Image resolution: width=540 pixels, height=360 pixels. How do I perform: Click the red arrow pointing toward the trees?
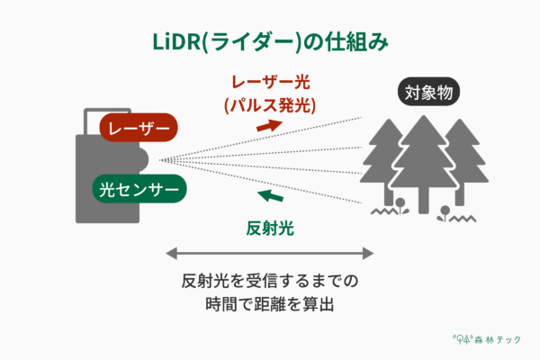click(x=269, y=124)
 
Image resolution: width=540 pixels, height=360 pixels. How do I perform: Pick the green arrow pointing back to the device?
click(x=269, y=196)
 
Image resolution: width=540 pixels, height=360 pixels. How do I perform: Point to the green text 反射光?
click(x=270, y=228)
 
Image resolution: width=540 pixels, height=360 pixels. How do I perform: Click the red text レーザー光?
click(x=269, y=82)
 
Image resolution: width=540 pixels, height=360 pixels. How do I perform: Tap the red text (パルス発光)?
click(x=269, y=104)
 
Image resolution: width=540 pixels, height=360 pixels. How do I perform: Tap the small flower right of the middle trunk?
click(x=444, y=211)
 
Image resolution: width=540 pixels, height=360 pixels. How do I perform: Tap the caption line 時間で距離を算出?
click(x=270, y=303)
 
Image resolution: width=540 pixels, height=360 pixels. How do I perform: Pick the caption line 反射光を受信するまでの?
click(x=270, y=280)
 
